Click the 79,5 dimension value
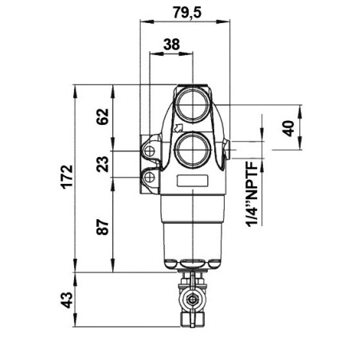point(187,12)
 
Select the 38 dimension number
point(171,44)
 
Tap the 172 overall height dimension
point(67,177)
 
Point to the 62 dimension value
point(103,116)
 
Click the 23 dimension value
point(103,164)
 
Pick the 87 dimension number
point(103,227)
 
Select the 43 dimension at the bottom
point(67,300)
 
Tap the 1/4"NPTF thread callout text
point(252,194)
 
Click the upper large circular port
point(193,104)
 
